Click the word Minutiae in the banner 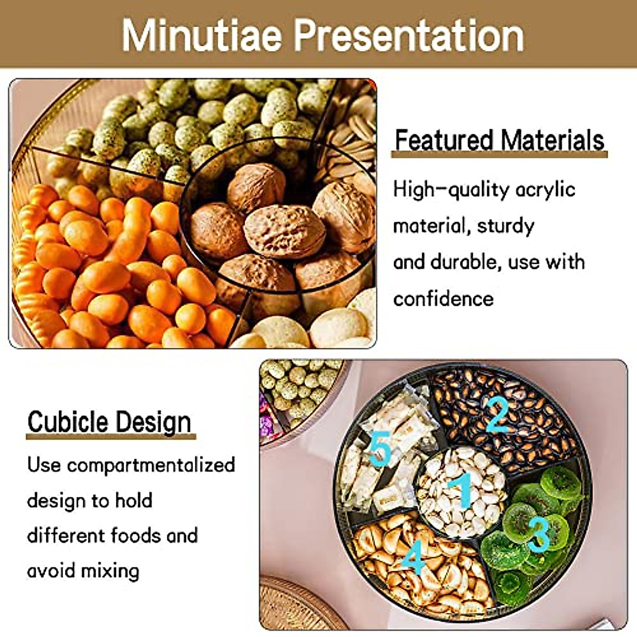[201, 36]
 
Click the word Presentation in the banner [409, 36]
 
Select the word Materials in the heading [553, 140]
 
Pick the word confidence [443, 298]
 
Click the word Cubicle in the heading [68, 422]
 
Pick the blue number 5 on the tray [380, 449]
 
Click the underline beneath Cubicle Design [111, 437]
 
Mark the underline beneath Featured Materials [500, 154]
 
